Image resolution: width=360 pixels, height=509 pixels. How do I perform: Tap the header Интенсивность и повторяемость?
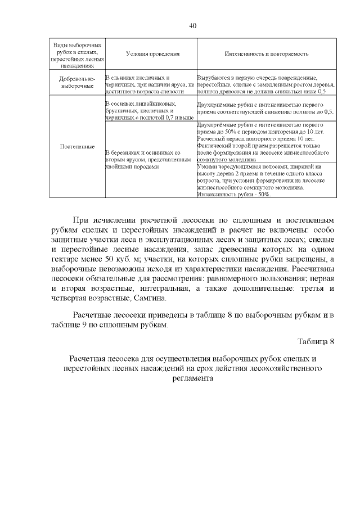pyautogui.click(x=267, y=54)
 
